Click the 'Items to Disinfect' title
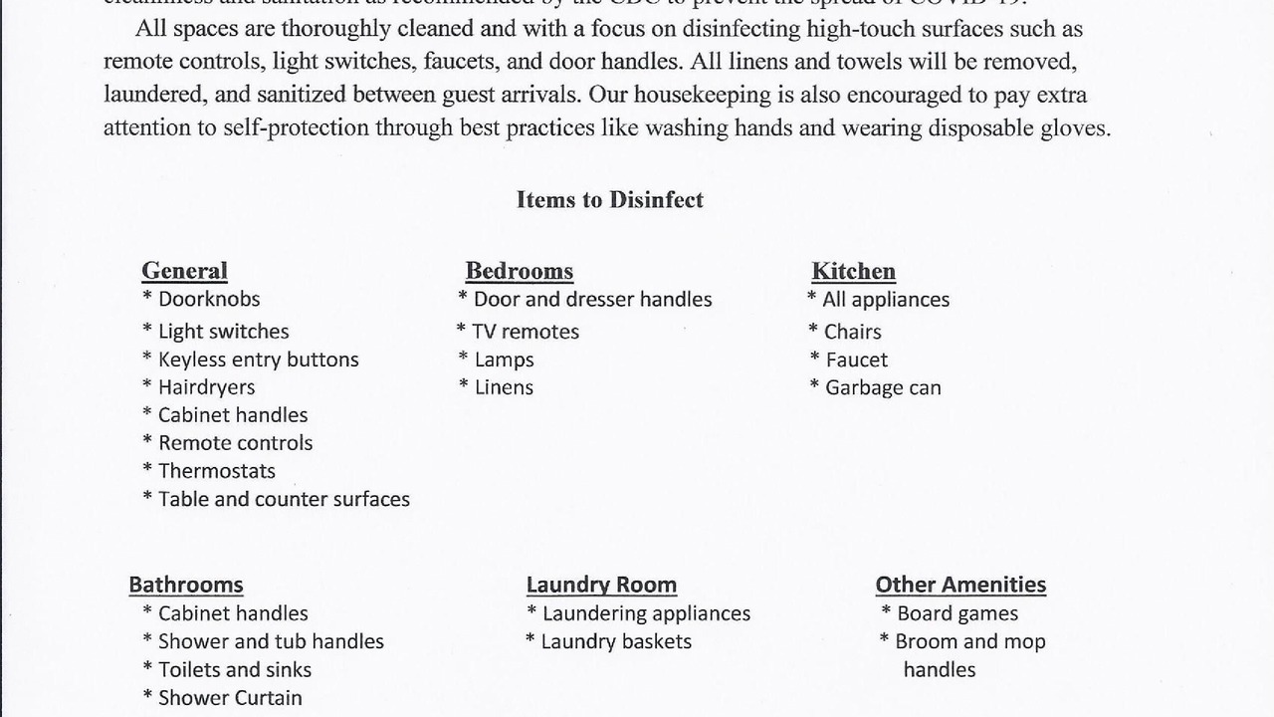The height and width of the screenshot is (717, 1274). point(609,200)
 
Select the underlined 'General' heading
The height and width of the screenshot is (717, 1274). point(184,271)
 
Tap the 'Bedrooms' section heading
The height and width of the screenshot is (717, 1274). point(519,271)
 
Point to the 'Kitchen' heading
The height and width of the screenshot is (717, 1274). point(853,271)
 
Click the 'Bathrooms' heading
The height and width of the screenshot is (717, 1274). point(185,585)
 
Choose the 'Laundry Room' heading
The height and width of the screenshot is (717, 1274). point(601,585)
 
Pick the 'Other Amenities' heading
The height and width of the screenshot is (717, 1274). point(960,585)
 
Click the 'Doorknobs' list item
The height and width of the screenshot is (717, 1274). point(208,299)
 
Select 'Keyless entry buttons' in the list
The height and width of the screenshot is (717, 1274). point(258,359)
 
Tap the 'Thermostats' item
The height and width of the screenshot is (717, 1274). point(216,471)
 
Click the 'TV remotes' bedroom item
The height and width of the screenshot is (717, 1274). point(525,332)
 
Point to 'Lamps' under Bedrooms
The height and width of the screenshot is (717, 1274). point(504,359)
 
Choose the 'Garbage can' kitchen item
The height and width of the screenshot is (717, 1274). point(882,387)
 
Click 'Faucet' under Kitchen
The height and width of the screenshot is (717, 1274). point(856,359)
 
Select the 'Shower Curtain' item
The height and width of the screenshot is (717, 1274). point(229,698)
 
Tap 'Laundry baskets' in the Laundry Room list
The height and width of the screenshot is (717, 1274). point(615,641)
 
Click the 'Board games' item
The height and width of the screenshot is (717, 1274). point(956,613)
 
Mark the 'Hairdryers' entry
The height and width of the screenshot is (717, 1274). point(206,387)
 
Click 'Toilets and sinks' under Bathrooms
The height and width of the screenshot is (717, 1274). point(234,670)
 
